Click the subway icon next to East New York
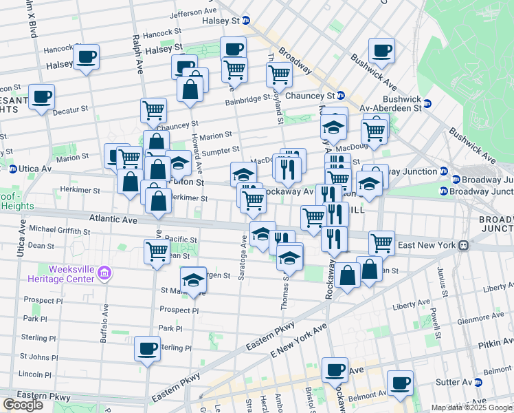(x=464, y=245)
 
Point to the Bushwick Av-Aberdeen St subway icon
(x=427, y=104)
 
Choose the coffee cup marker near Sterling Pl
(x=146, y=348)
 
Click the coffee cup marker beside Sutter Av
(x=400, y=382)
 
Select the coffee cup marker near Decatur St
(x=41, y=96)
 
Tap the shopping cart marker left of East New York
(x=381, y=242)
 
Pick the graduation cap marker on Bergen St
(x=194, y=279)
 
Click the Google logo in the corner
(x=23, y=405)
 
